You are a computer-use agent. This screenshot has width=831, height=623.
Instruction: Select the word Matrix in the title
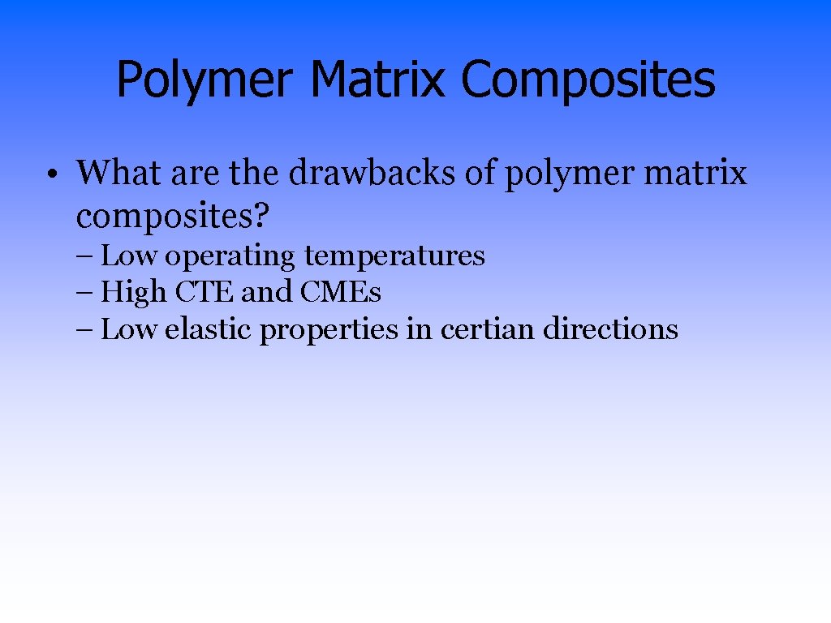(x=377, y=79)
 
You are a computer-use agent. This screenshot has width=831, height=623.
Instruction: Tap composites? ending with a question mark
(x=173, y=217)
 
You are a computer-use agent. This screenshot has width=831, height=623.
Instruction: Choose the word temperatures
(x=394, y=257)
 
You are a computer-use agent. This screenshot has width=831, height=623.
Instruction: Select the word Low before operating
(x=129, y=256)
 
